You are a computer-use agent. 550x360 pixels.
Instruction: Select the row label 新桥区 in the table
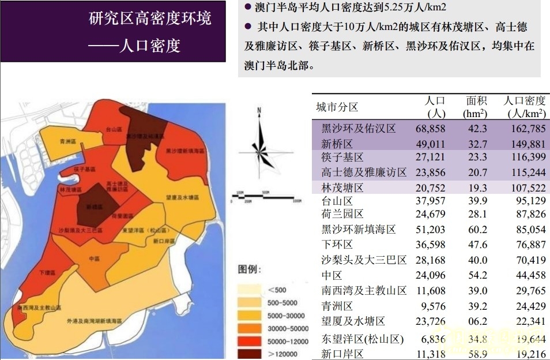coord(337,144)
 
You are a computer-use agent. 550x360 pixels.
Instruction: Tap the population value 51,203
coord(430,230)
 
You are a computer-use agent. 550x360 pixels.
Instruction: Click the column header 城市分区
coord(337,107)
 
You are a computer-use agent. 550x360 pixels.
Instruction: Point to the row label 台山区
coord(337,201)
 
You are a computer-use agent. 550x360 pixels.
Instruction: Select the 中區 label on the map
coord(95,258)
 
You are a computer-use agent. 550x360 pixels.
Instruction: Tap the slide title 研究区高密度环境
coord(150,18)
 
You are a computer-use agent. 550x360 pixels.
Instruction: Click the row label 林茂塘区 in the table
coord(342,187)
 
